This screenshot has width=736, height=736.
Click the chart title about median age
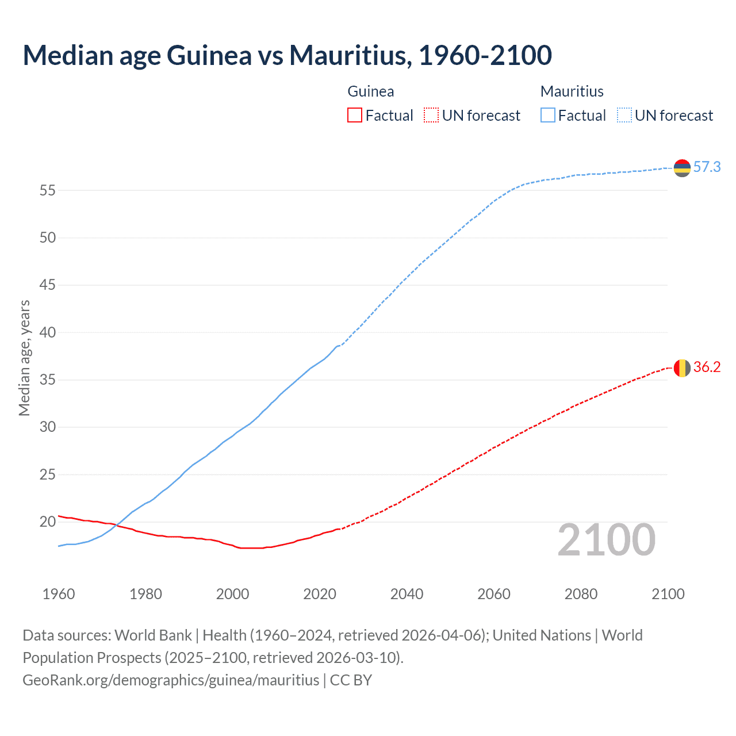coord(287,55)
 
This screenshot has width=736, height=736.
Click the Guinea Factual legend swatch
coord(355,116)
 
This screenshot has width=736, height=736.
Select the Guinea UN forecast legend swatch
coord(431,116)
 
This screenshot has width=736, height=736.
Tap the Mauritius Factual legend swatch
coord(548,116)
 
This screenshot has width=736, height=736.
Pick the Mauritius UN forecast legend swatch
coord(624,116)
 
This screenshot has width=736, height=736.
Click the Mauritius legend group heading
coord(572,91)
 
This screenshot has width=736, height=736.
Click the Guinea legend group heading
coord(371,91)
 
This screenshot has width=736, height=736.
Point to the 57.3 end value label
coord(707,167)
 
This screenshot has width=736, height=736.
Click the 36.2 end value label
coord(707,367)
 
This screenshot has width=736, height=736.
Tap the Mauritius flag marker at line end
coord(682,168)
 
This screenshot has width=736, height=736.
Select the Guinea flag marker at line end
coord(682,367)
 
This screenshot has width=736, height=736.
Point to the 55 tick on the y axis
coord(48,190)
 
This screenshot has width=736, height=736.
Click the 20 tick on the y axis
coord(48,522)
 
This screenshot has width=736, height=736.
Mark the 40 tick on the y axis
coord(48,332)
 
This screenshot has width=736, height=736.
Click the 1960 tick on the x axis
coord(59,594)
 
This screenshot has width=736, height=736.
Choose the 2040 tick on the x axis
coord(407,594)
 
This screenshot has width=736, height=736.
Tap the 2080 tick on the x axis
coord(581,594)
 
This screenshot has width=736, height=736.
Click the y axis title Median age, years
coord(24,358)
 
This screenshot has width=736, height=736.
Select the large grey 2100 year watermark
coord(606,540)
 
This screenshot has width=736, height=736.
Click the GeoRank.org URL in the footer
coord(171,680)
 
